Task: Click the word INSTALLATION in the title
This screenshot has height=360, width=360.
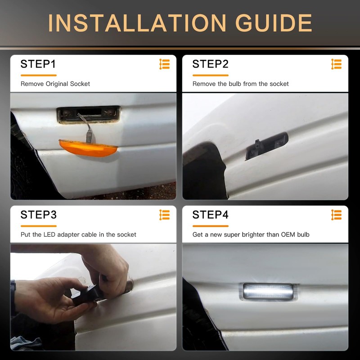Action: point(137,23)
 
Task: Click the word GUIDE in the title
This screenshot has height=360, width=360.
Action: point(274,23)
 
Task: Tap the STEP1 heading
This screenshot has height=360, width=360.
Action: point(38,64)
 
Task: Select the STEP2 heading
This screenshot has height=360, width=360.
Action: point(210,64)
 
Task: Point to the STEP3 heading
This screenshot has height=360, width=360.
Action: point(38,215)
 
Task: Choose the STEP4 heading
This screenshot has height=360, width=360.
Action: point(210,215)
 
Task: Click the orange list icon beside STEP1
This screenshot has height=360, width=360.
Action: point(165,64)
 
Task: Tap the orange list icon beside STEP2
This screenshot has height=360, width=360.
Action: point(336,64)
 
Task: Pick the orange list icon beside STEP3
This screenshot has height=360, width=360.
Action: point(165,215)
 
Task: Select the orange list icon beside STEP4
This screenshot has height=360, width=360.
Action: point(336,215)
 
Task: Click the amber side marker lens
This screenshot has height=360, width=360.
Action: point(88,148)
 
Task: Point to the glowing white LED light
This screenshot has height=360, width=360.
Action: point(268,291)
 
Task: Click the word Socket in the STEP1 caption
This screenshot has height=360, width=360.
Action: point(80,84)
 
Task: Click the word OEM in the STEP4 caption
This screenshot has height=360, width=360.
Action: point(288,234)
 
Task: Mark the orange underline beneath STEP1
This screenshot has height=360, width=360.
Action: point(39,75)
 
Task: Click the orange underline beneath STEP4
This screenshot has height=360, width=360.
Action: point(211,226)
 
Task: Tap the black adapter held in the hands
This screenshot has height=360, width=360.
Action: point(87,294)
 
